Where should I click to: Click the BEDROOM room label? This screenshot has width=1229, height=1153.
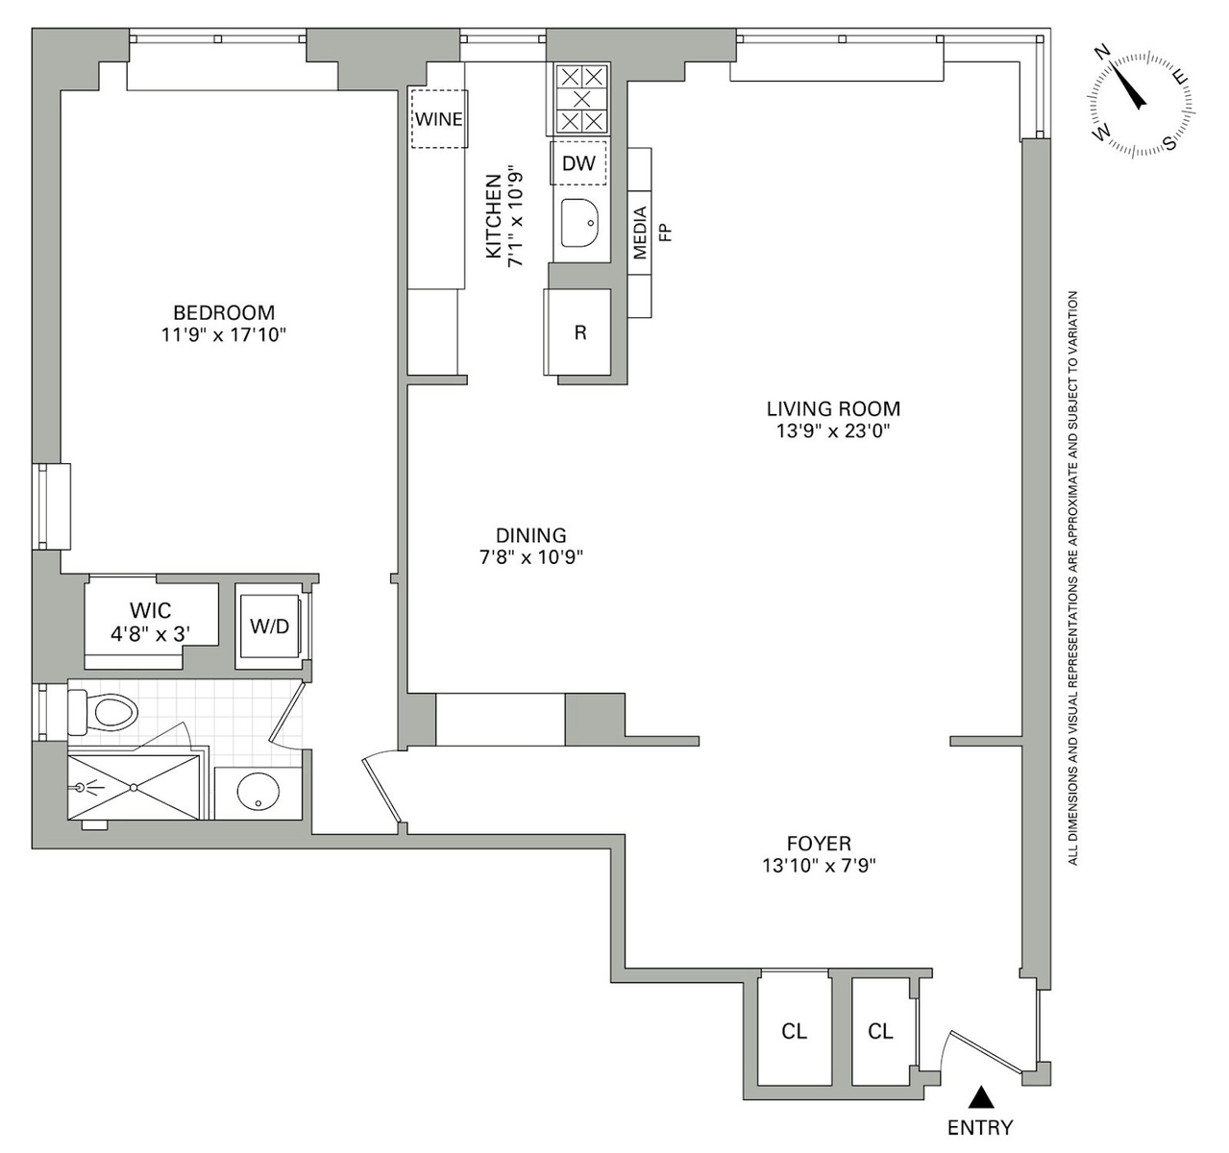pyautogui.click(x=223, y=312)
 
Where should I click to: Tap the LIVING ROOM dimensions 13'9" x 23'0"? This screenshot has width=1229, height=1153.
pyautogui.click(x=833, y=430)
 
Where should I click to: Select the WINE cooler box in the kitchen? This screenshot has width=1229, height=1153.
pyautogui.click(x=439, y=119)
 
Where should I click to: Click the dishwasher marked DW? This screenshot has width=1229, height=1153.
pyautogui.click(x=578, y=162)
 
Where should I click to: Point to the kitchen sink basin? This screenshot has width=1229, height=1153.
pyautogui.click(x=579, y=223)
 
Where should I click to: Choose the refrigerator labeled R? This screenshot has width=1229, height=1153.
pyautogui.click(x=578, y=331)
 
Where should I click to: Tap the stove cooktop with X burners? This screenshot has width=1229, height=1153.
pyautogui.click(x=581, y=99)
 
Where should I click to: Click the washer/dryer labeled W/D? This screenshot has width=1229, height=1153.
pyautogui.click(x=270, y=626)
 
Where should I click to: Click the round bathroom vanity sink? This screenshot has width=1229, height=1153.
pyautogui.click(x=258, y=791)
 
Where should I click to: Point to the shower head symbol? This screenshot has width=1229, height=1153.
pyautogui.click(x=81, y=787)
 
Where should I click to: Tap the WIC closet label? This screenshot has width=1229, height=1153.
pyautogui.click(x=150, y=610)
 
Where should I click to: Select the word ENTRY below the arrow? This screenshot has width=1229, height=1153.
pyautogui.click(x=980, y=1128)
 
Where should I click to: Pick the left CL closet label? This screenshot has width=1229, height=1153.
pyautogui.click(x=794, y=1031)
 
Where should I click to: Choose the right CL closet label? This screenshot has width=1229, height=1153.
pyautogui.click(x=880, y=1031)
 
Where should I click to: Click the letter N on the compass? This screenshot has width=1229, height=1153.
pyautogui.click(x=1103, y=53)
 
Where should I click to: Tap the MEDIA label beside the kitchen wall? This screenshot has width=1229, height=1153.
pyautogui.click(x=640, y=233)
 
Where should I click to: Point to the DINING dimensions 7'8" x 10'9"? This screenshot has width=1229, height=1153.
pyautogui.click(x=531, y=557)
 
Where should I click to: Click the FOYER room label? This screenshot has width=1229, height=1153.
pyautogui.click(x=819, y=843)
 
